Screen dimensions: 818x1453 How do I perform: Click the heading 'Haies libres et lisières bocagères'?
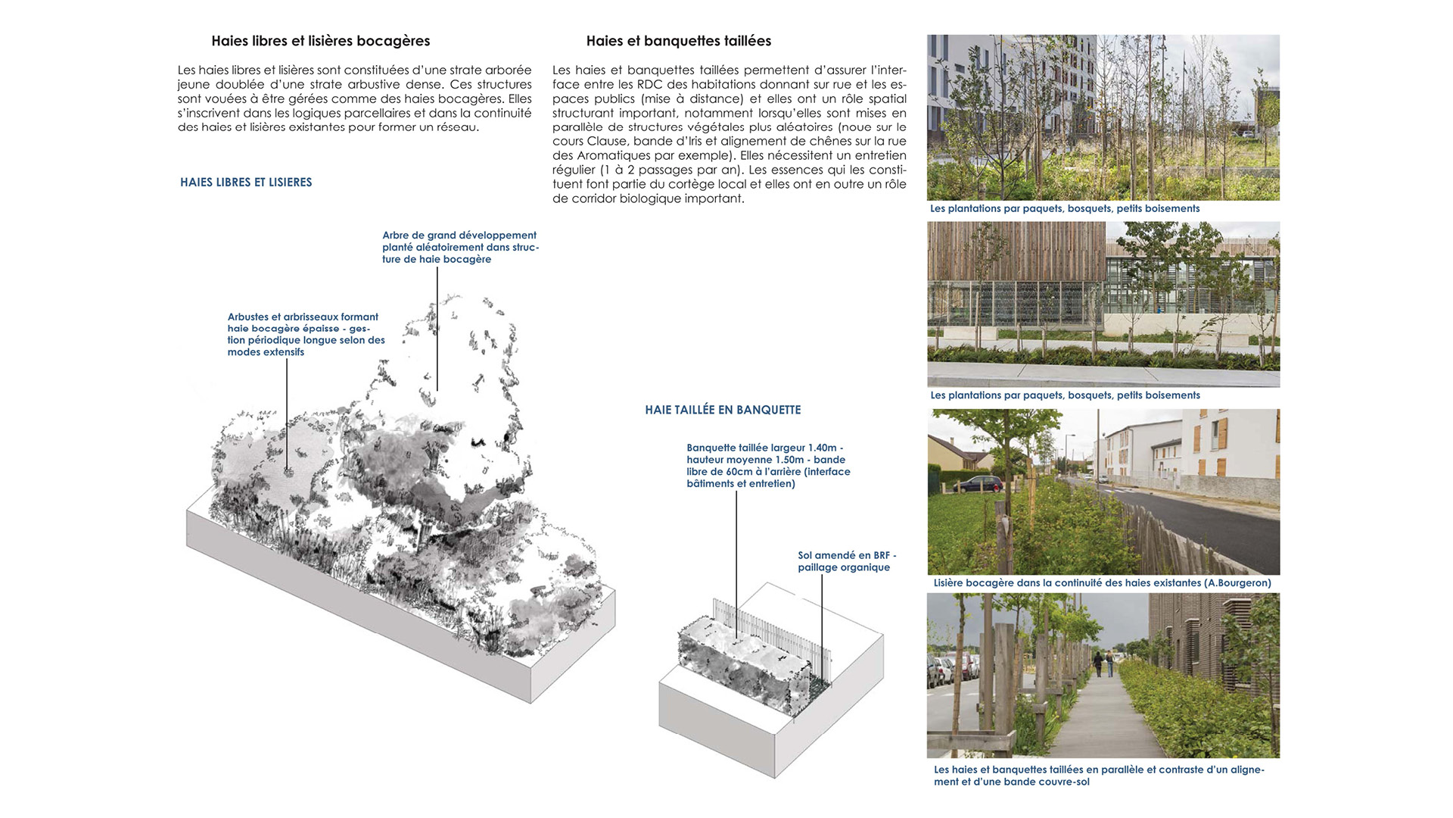pyautogui.click(x=321, y=41)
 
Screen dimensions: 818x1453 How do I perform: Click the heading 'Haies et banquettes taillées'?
pyautogui.click(x=678, y=41)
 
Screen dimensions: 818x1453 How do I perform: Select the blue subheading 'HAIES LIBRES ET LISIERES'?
pyautogui.click(x=246, y=183)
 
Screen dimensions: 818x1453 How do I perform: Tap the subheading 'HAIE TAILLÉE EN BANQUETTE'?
pyautogui.click(x=723, y=410)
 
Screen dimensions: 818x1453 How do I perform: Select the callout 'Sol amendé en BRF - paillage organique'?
pyautogui.click(x=846, y=561)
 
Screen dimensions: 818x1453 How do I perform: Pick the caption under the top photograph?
pyautogui.click(x=1065, y=209)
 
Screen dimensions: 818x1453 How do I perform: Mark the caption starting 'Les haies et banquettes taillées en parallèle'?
pyautogui.click(x=1098, y=776)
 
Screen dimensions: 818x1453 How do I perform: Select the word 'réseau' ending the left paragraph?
pyautogui.click(x=456, y=127)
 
